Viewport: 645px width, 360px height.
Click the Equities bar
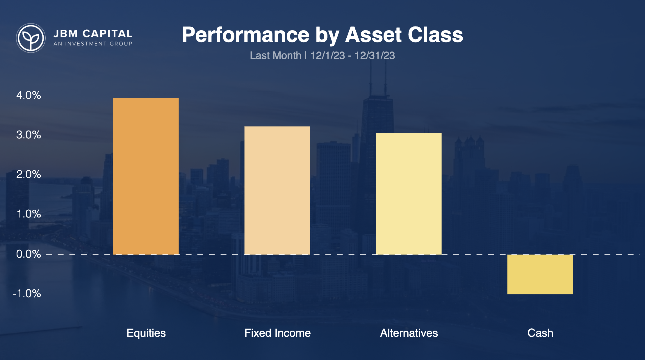[x=146, y=176]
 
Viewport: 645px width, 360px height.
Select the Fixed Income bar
[x=277, y=190]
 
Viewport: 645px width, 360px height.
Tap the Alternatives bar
[x=409, y=194]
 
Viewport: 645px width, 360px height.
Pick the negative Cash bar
[x=540, y=274]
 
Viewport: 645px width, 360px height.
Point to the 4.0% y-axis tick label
[x=28, y=95]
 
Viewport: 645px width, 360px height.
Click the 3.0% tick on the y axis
[x=28, y=135]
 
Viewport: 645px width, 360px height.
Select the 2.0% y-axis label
[x=28, y=174]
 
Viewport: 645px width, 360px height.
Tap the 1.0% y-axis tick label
[x=28, y=214]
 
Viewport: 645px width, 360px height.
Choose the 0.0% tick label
[x=28, y=254]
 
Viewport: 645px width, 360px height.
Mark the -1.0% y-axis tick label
[x=27, y=293]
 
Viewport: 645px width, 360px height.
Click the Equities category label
[x=146, y=333]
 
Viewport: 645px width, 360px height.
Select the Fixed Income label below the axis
[x=277, y=333]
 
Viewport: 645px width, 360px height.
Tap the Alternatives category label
[x=409, y=333]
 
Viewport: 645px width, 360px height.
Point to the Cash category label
[x=540, y=333]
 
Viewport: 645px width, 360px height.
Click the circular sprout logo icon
[x=31, y=38]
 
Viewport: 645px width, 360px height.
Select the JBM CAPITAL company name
[x=93, y=34]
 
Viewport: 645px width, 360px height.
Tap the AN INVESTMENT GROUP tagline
[x=93, y=44]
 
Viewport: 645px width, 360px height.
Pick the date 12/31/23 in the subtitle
[x=375, y=56]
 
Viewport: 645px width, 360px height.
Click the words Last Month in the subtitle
[x=275, y=56]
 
